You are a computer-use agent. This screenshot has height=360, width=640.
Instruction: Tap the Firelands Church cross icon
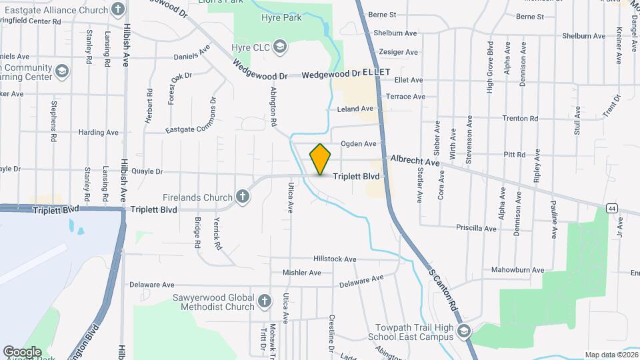(x=243, y=197)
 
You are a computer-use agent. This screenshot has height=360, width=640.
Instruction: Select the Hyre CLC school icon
(x=280, y=47)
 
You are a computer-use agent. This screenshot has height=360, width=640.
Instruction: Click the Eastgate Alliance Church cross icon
(x=118, y=9)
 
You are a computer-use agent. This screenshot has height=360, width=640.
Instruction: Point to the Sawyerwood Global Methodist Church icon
(x=265, y=301)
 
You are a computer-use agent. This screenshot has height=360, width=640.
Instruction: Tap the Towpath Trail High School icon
(x=464, y=331)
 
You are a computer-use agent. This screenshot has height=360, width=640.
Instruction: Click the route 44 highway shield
(x=611, y=209)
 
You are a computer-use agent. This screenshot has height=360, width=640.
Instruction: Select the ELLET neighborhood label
(x=375, y=70)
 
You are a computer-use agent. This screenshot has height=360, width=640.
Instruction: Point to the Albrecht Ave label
(x=415, y=161)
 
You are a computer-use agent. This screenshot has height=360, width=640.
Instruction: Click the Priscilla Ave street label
(x=476, y=228)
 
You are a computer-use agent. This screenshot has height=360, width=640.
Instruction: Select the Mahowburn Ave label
(x=517, y=270)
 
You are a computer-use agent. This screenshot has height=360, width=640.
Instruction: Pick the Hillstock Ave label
(x=335, y=259)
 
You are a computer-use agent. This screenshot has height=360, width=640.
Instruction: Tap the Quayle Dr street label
(x=147, y=171)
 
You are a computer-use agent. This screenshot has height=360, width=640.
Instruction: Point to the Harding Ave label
(x=98, y=133)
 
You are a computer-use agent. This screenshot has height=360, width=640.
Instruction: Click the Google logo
(x=22, y=351)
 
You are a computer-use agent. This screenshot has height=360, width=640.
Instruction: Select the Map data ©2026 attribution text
(x=611, y=355)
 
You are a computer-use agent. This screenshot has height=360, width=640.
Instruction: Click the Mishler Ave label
(x=302, y=273)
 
